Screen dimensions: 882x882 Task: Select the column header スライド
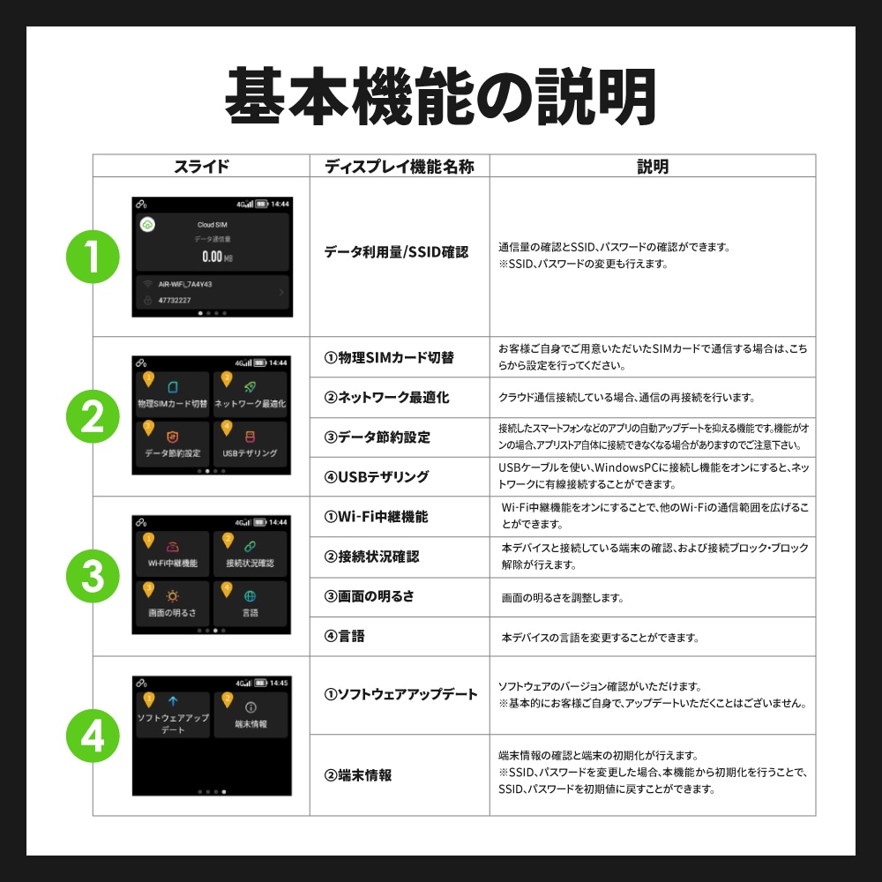click(x=201, y=167)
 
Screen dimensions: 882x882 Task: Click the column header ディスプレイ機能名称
click(x=399, y=167)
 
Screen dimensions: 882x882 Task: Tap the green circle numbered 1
click(x=93, y=257)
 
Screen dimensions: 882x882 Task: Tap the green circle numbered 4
click(x=93, y=736)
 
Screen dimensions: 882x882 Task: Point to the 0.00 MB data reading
click(x=212, y=257)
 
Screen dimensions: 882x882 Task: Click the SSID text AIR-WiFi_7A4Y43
click(x=185, y=285)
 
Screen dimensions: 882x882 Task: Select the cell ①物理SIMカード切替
click(x=389, y=357)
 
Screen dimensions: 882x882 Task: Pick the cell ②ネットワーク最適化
click(x=386, y=398)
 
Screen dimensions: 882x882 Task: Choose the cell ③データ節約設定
click(x=377, y=437)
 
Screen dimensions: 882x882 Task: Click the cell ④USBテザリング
click(x=377, y=477)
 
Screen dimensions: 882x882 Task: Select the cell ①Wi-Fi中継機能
click(x=377, y=517)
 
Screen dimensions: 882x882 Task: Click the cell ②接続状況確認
click(x=371, y=557)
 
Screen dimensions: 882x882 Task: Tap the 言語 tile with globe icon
click(x=250, y=602)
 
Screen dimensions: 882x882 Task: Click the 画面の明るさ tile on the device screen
click(x=172, y=602)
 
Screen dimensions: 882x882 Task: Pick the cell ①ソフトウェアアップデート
click(x=401, y=695)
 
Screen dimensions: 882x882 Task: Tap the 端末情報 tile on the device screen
click(x=250, y=714)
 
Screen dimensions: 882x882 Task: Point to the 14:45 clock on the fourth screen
click(x=279, y=683)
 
